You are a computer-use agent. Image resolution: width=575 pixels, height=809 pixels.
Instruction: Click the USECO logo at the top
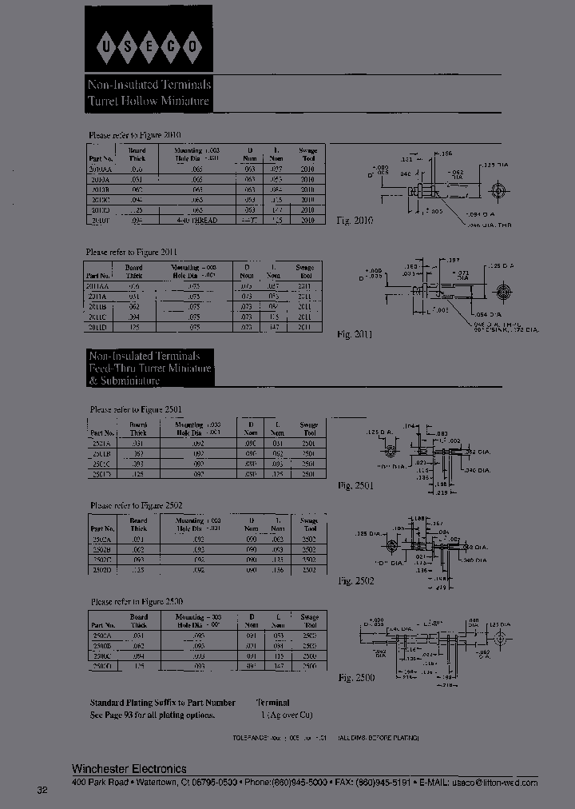click(x=148, y=50)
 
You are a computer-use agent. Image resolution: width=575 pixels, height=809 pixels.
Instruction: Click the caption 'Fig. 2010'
click(x=355, y=220)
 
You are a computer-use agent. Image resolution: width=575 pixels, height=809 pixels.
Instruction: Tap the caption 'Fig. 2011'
click(x=355, y=333)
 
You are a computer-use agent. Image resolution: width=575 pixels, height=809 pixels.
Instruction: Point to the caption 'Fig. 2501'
click(x=355, y=485)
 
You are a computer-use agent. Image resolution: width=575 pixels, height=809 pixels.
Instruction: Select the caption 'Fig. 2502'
click(x=355, y=581)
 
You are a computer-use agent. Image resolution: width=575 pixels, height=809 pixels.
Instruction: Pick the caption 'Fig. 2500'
click(x=355, y=678)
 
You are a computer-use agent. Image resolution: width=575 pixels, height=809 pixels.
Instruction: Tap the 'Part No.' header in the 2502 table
click(x=103, y=528)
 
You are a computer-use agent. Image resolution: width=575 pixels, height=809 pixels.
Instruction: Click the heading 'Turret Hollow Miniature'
click(x=149, y=102)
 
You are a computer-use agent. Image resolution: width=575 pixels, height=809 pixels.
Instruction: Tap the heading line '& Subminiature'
click(x=124, y=381)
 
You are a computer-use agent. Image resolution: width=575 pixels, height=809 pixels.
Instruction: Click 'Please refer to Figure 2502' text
click(x=137, y=505)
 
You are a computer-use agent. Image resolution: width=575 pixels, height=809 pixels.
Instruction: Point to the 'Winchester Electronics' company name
click(x=129, y=769)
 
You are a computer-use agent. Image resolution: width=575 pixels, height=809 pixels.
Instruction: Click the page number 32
click(x=42, y=791)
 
